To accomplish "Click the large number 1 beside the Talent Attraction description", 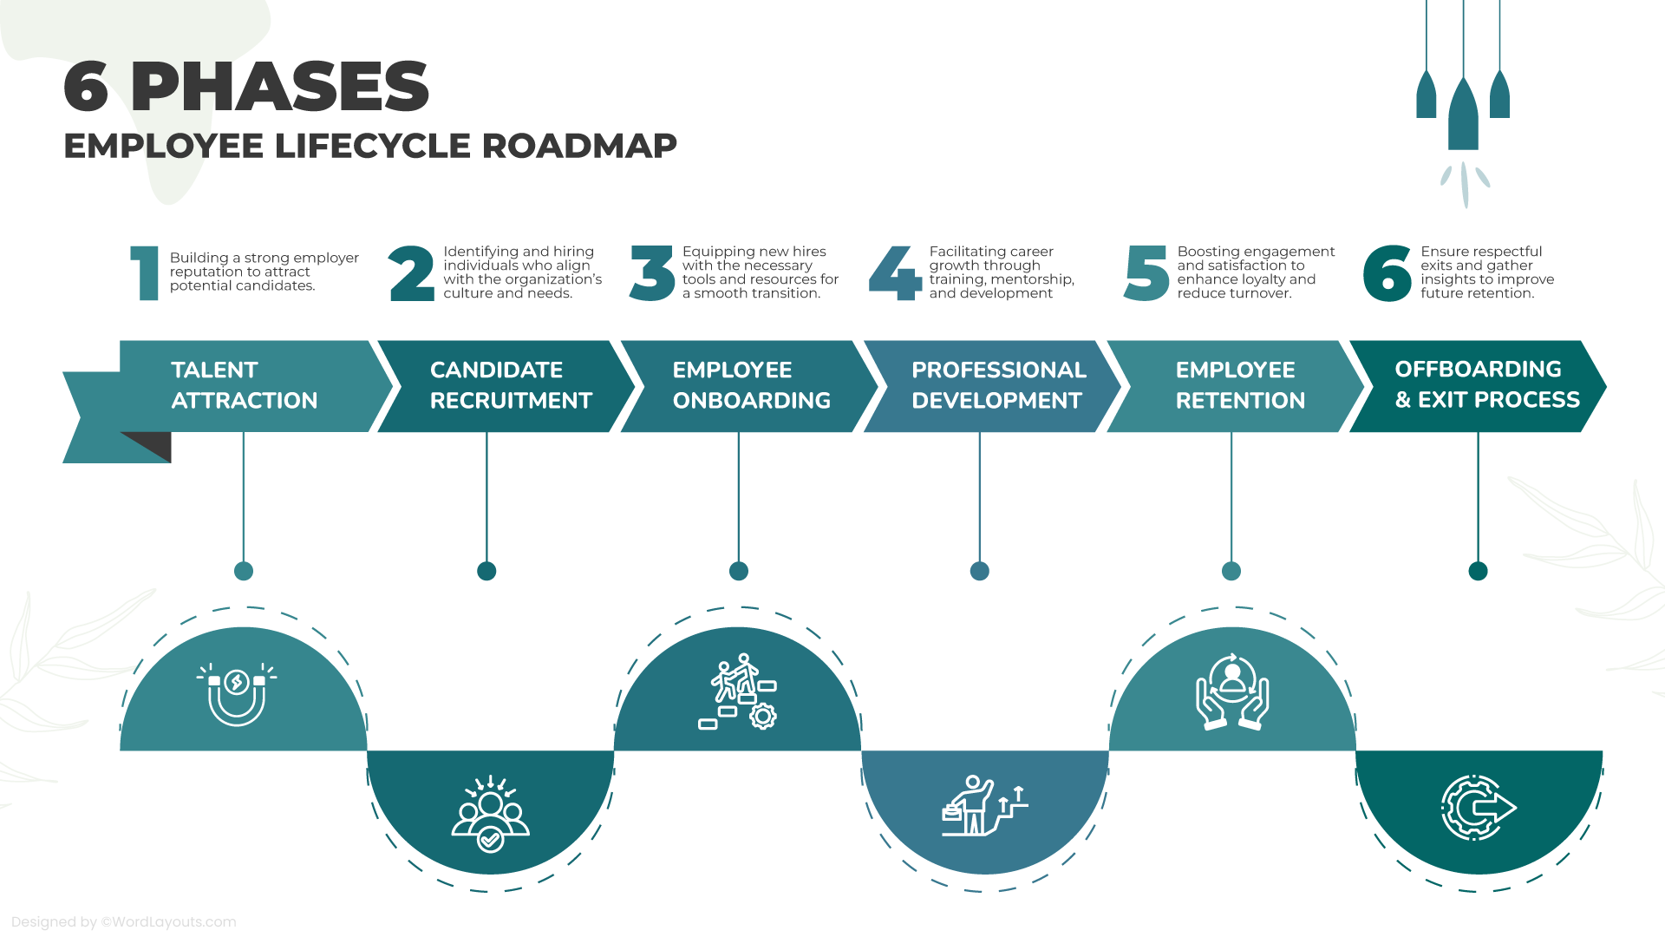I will click(147, 273).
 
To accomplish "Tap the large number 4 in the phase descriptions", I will click(894, 273).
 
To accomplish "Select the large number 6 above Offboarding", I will click(1387, 273).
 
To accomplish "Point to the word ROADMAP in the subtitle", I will click(579, 146).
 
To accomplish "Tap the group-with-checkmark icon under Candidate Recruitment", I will click(490, 814).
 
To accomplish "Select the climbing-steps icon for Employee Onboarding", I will click(738, 691).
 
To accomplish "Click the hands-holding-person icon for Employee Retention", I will click(1232, 692).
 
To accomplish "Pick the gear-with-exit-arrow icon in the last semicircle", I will click(1479, 808).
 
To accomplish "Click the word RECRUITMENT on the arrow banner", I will click(511, 401).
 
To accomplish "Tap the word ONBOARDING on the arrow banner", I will click(751, 401).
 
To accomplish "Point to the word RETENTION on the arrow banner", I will click(1240, 401).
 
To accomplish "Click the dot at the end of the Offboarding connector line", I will click(1479, 571).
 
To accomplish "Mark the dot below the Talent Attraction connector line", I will click(244, 571).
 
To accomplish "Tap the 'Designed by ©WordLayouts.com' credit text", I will click(124, 922).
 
